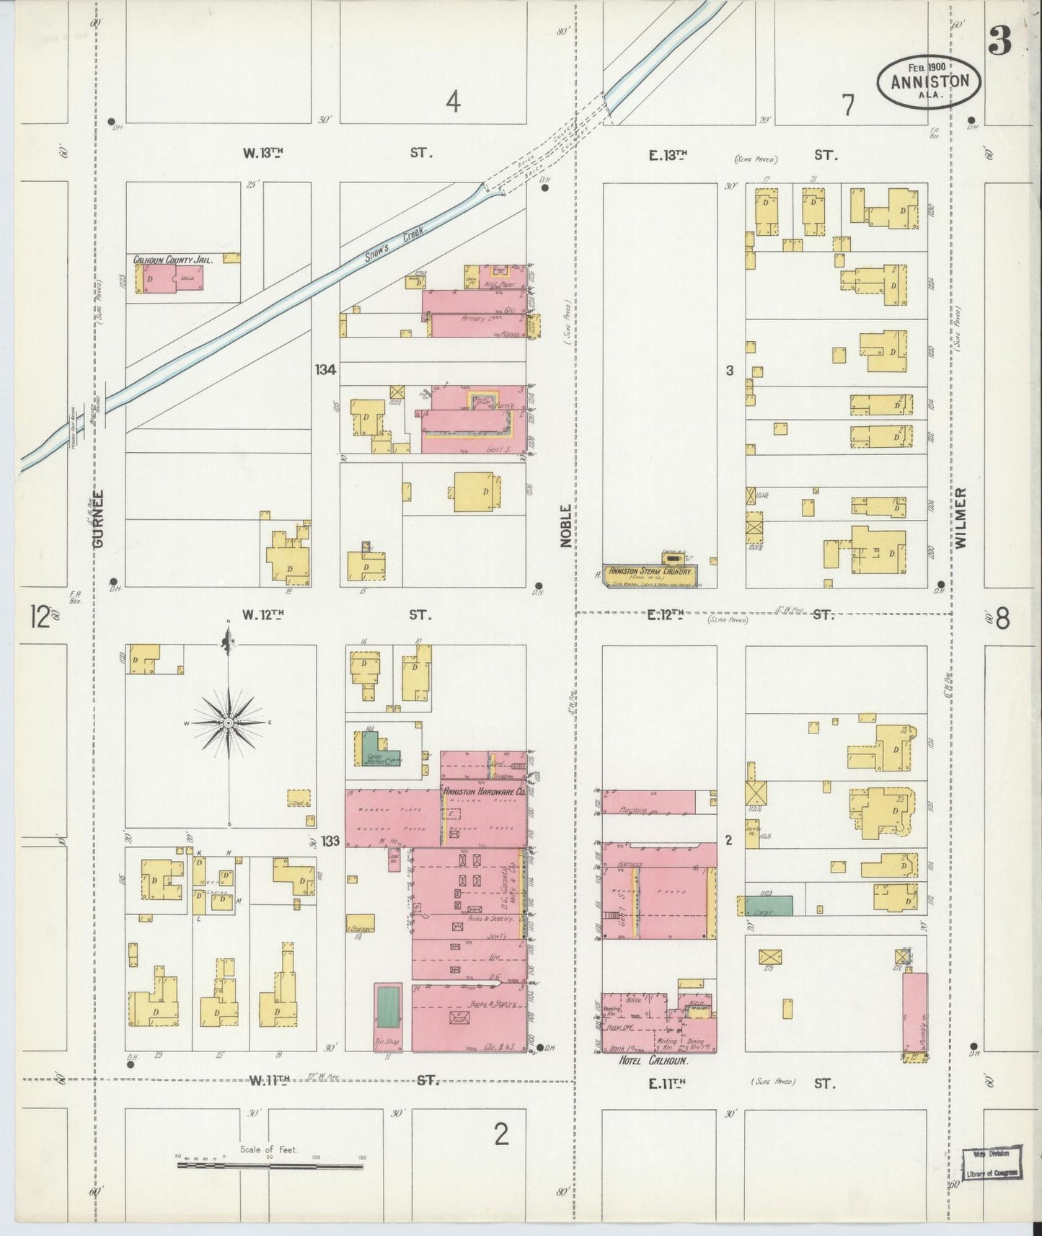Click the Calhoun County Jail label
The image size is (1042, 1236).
pos(172,260)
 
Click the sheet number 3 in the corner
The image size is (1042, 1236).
pos(999,43)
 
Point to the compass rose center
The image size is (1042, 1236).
pos(228,723)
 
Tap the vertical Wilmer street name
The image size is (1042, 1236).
pos(961,518)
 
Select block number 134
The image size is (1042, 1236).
pos(325,370)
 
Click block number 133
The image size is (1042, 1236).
pos(330,841)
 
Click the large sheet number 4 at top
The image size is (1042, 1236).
pos(452,103)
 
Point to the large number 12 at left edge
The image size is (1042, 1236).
pos(40,618)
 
